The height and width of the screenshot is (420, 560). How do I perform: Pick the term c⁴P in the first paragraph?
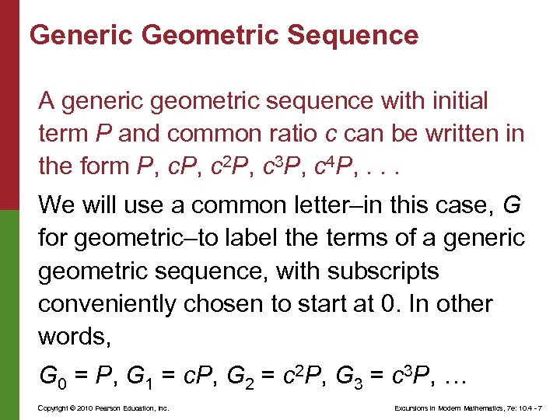pos(330,166)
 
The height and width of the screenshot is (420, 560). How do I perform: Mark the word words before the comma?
pos(71,336)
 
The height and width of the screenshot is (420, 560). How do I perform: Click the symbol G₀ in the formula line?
pos(51,379)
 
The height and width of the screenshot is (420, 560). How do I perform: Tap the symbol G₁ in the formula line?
pos(148,379)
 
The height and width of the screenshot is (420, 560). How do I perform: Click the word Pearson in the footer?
pos(99,408)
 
